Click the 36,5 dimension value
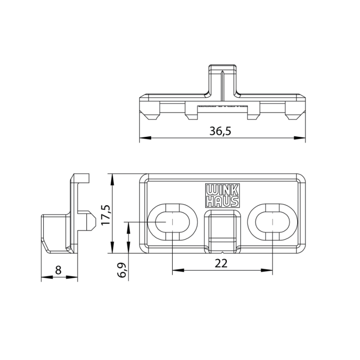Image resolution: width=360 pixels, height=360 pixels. point(220,131)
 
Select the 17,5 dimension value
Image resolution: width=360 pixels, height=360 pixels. point(106,215)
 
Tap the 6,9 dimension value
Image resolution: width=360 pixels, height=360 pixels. point(122,269)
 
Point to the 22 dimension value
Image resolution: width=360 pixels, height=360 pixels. point(221,263)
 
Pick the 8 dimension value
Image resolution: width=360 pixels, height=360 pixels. point(59,270)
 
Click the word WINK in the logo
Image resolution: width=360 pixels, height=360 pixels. point(222,190)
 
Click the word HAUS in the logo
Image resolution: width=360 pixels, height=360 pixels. point(222,202)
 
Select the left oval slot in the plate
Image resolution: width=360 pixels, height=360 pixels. point(172,222)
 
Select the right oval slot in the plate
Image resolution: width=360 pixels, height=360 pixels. point(273,222)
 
